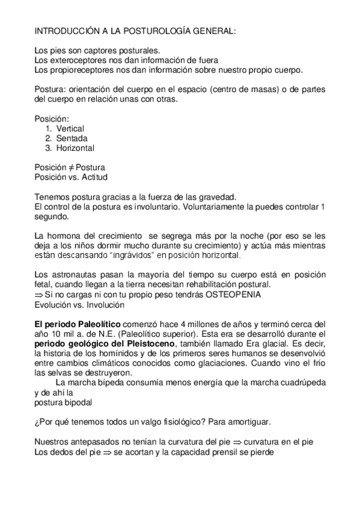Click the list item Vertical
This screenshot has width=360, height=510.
70,129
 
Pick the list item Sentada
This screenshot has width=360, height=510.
72,138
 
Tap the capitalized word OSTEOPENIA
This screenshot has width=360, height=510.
219,295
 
